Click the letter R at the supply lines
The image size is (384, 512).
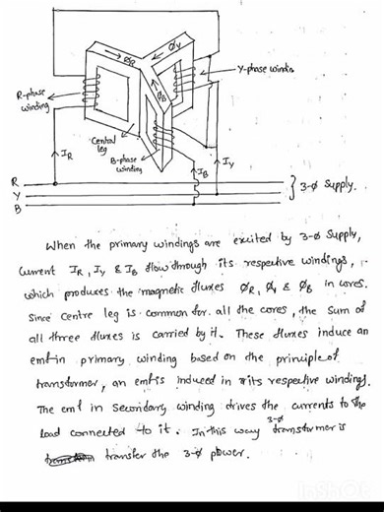(x=13, y=181)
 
